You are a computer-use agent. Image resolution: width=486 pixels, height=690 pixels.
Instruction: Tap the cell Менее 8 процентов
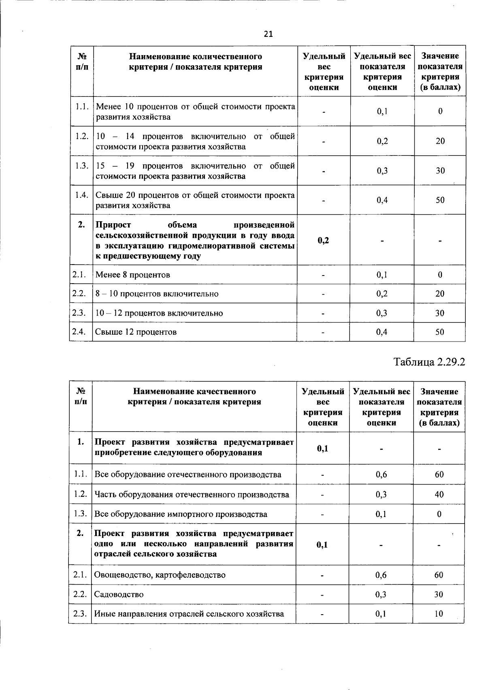[132, 275]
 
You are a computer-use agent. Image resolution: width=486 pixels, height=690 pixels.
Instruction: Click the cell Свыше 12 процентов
[136, 332]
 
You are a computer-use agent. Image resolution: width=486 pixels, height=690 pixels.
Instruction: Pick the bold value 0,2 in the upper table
[324, 240]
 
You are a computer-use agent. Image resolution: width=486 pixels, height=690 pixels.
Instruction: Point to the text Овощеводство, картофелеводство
[160, 575]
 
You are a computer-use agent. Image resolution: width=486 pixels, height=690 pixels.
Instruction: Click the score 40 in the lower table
[439, 494]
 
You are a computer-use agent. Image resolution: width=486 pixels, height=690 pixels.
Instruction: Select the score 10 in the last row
[439, 613]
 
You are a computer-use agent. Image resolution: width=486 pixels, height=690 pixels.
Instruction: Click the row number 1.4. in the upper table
[82, 195]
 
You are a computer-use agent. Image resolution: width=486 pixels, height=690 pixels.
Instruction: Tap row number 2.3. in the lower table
[80, 613]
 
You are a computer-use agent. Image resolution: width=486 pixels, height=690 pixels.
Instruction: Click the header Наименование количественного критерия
[195, 62]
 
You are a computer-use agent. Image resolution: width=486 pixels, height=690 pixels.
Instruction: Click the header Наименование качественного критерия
[194, 397]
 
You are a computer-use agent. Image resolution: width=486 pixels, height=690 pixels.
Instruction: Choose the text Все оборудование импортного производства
[181, 514]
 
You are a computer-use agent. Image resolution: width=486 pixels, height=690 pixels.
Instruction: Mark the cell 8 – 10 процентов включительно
[157, 294]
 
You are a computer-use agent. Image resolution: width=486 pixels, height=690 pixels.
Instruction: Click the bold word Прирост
[113, 225]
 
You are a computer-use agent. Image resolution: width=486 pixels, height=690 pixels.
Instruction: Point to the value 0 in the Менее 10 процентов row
[440, 111]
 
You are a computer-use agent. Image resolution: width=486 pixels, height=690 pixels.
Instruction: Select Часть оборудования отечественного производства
[192, 494]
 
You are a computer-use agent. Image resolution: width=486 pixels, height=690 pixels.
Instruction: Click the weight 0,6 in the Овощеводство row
[381, 575]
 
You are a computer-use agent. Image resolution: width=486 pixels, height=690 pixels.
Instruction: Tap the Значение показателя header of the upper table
[440, 71]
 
